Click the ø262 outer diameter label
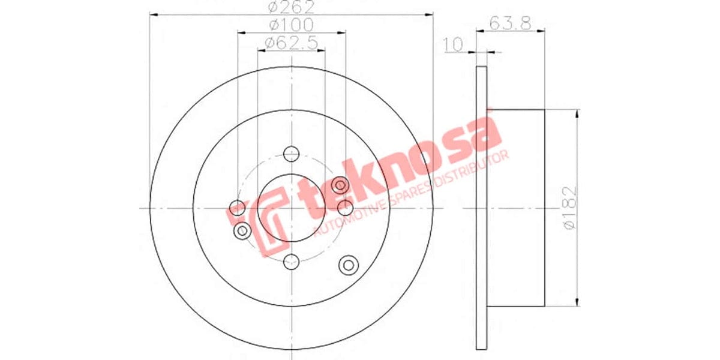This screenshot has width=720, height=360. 292,7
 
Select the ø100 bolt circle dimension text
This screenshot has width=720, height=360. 292,25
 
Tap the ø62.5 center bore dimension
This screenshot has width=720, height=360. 292,43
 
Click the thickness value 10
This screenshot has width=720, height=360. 454,44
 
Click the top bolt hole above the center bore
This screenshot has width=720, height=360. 292,154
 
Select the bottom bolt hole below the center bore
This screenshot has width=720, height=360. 292,261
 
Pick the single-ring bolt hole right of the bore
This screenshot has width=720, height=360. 346,208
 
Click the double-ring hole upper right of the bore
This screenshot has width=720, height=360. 340,184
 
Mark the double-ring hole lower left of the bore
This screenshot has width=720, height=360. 242,231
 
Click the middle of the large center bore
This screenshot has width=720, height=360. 292,208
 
